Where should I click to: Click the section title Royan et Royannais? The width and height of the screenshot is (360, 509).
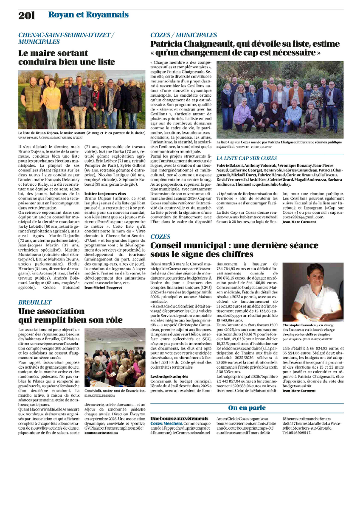coord(88,15)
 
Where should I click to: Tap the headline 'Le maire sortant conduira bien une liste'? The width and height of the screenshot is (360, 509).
coord(67,58)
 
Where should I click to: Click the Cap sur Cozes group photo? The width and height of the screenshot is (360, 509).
coord(280,100)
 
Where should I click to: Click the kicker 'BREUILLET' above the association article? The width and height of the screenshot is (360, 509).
coord(35,302)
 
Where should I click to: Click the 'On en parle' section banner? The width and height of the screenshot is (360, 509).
coord(247,408)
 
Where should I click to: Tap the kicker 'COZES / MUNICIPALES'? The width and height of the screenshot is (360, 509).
coord(183,35)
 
